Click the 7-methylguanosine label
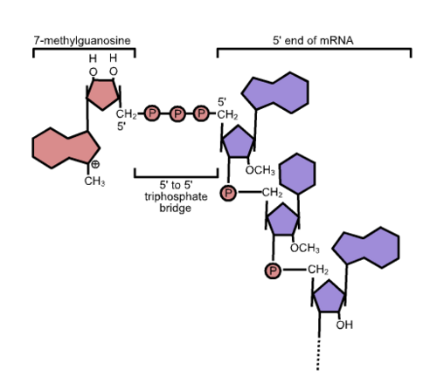[82, 40]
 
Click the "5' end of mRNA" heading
[313, 40]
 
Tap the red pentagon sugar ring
[103, 93]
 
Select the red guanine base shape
[66, 147]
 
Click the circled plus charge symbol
[95, 164]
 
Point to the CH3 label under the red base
[94, 181]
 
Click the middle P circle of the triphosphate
[177, 113]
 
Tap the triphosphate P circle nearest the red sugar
[152, 113]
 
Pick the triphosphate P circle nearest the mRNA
[201, 113]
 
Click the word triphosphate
[176, 196]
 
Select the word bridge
[176, 208]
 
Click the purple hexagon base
[297, 174]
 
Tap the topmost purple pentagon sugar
[239, 141]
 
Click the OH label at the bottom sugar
[344, 325]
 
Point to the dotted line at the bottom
[318, 354]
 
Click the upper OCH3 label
[260, 170]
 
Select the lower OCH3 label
[305, 248]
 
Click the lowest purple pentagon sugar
[329, 297]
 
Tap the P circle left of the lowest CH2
[273, 270]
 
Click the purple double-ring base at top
[275, 92]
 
